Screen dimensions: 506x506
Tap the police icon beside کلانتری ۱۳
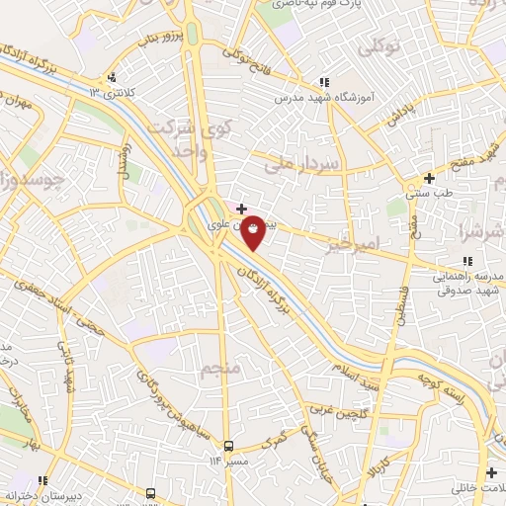point(115,77)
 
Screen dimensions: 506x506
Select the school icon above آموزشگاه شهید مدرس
point(324,83)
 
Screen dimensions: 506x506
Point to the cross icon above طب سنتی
point(429,178)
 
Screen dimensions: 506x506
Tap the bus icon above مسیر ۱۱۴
point(229,446)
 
